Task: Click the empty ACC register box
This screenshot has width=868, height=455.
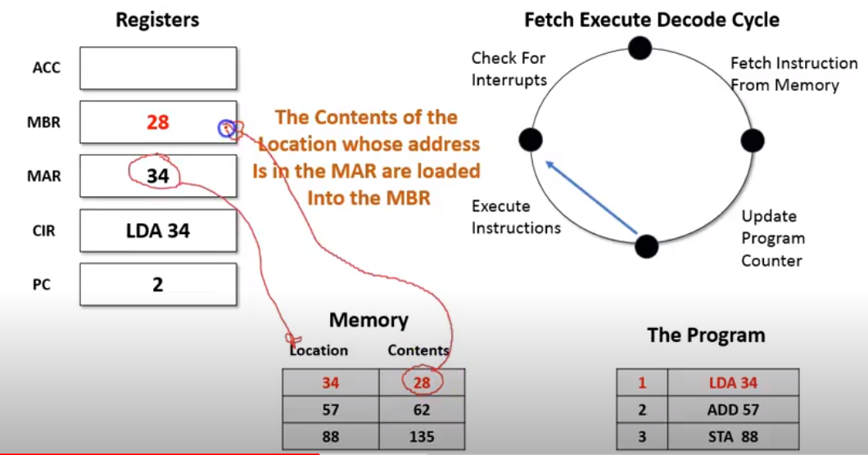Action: coord(158,68)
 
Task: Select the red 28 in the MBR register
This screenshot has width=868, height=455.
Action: coord(157,123)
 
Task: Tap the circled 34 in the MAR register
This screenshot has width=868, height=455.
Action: coord(157,175)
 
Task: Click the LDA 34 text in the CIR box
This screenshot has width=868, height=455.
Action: coord(157,231)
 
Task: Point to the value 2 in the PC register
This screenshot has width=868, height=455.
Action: coord(157,284)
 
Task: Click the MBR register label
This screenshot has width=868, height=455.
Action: coord(45,123)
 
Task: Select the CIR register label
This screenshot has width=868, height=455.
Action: coord(45,231)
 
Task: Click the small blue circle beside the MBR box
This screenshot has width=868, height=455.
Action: coord(226,128)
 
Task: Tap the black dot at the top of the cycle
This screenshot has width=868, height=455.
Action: coord(640,48)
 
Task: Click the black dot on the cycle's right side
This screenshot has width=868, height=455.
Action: coord(753,140)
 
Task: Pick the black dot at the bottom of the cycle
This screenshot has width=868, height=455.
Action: coord(647,246)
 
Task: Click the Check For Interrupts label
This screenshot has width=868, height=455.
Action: coord(509,69)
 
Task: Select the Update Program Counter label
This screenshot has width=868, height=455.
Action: coord(773,238)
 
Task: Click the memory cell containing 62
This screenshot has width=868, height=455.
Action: coord(422,410)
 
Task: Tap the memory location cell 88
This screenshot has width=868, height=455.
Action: coord(330,436)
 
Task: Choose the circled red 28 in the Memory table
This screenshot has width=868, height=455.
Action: coord(422,382)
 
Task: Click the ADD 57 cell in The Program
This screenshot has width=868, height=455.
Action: coord(733,410)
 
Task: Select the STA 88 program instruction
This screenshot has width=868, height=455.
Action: coord(733,436)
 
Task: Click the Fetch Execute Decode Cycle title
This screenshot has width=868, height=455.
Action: coord(652,20)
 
